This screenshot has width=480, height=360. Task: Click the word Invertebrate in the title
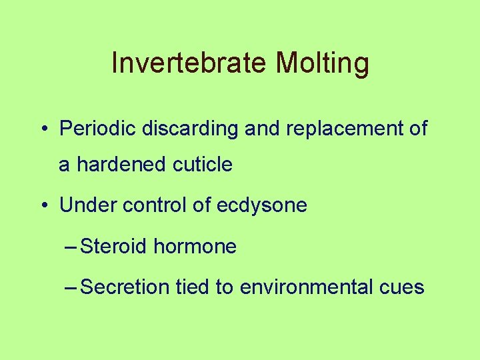pos(190,64)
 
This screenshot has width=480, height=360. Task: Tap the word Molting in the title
pos(322,64)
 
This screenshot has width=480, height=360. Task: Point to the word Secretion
pos(125,287)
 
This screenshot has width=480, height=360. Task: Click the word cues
pos(402,287)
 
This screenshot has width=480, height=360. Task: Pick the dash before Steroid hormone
pos(72,247)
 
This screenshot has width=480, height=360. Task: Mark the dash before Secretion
pos(72,288)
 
